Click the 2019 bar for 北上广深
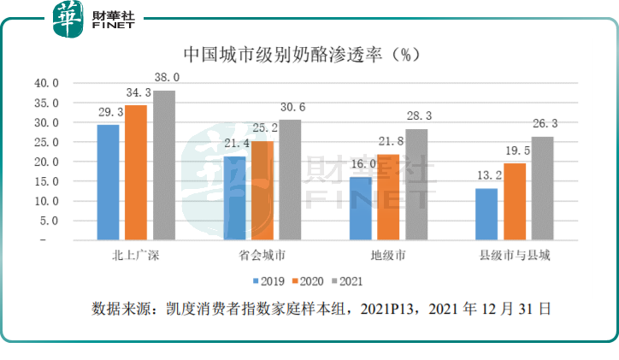[108, 182]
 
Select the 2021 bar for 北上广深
[164, 165]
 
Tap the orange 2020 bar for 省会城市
[262, 191]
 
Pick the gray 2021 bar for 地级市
[416, 184]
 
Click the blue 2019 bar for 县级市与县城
[486, 214]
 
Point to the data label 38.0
[166, 78]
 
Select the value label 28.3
[416, 116]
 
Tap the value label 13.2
[486, 176]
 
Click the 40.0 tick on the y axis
[44, 84]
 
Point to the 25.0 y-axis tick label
[44, 142]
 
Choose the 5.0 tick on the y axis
[47, 221]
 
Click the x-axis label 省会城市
[262, 256]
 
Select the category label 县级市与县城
[515, 256]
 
